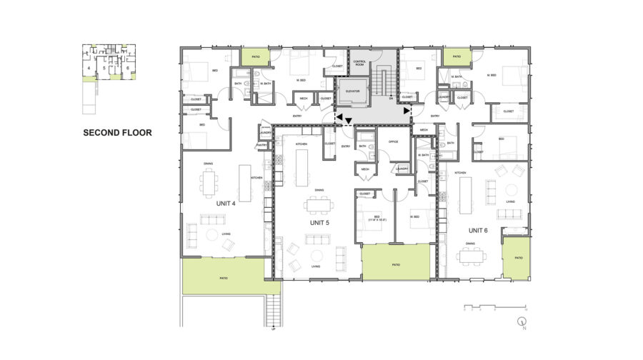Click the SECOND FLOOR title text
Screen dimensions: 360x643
pyautogui.click(x=117, y=132)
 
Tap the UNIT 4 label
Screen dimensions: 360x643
pyautogui.click(x=226, y=203)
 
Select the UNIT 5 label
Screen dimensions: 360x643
pyautogui.click(x=319, y=223)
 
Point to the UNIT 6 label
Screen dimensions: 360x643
pyautogui.click(x=478, y=231)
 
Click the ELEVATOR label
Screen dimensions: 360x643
pyautogui.click(x=352, y=92)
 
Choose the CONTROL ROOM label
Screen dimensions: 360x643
pyautogui.click(x=359, y=64)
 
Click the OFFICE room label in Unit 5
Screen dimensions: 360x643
pyautogui.click(x=393, y=141)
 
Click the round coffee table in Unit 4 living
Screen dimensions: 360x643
pyautogui.click(x=212, y=235)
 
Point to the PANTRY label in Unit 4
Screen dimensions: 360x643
pyautogui.click(x=261, y=146)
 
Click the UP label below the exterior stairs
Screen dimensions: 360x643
pyautogui.click(x=274, y=329)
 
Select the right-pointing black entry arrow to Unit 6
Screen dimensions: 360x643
pyautogui.click(x=407, y=111)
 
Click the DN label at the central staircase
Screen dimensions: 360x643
pyautogui.click(x=392, y=99)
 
